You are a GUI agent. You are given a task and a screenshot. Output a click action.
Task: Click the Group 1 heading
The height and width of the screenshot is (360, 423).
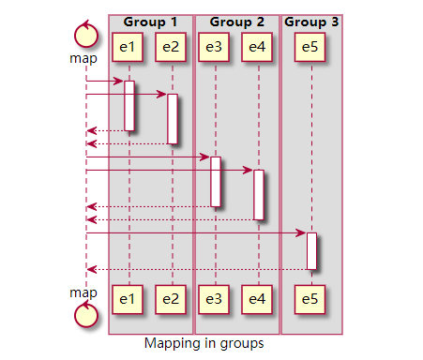click(150, 22)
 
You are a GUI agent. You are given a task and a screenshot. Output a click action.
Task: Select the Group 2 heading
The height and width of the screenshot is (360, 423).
click(236, 22)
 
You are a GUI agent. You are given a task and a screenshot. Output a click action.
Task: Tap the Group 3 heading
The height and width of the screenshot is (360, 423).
click(311, 22)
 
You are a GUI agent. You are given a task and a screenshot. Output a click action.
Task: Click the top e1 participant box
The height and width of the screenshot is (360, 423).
click(128, 46)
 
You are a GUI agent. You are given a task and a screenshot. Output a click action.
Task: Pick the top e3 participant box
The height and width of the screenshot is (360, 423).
click(215, 46)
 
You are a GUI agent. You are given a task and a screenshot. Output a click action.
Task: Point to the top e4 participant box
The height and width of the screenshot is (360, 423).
click(258, 46)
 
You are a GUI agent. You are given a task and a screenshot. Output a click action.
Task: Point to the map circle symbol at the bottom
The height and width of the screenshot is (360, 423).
click(85, 314)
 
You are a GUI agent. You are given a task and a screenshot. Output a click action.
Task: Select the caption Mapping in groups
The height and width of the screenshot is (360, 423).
click(204, 343)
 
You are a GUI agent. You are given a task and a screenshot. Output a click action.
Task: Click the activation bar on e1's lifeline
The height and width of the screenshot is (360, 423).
click(129, 106)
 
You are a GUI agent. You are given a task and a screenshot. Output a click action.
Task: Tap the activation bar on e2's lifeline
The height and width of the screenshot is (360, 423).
click(173, 118)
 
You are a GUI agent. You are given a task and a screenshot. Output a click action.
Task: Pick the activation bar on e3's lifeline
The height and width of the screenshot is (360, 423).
click(216, 182)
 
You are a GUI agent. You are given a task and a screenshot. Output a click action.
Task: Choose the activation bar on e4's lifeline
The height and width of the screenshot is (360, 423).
click(259, 195)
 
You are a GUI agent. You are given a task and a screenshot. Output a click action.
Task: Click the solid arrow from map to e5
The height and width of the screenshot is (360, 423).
click(197, 232)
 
